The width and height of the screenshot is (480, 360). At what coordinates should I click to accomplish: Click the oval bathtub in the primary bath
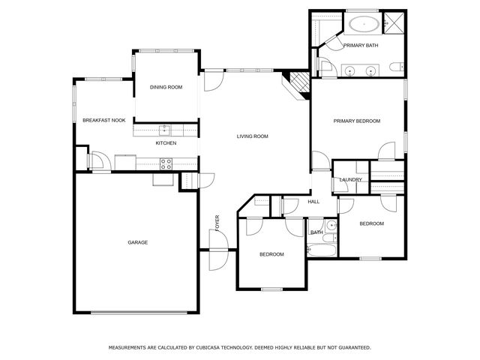pyautogui.click(x=364, y=23)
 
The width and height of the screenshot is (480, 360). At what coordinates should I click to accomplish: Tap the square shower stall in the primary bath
pyautogui.click(x=394, y=23)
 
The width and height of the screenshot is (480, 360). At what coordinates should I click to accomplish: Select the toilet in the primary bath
pyautogui.click(x=397, y=67)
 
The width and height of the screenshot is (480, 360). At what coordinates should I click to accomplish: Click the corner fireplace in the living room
pyautogui.click(x=296, y=85)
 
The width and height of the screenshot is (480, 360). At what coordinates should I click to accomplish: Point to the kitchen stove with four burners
pyautogui.click(x=166, y=163)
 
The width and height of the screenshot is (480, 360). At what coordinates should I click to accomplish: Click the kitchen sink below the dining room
pyautogui.click(x=165, y=130)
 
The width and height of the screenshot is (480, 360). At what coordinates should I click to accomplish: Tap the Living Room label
pyautogui.click(x=253, y=136)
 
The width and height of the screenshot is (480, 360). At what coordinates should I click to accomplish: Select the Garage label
pyautogui.click(x=138, y=242)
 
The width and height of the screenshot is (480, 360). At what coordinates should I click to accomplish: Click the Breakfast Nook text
pyautogui.click(x=104, y=120)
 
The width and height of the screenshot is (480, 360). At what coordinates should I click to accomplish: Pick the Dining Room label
pyautogui.click(x=166, y=87)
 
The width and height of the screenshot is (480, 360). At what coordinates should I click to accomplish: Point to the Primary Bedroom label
pyautogui.click(x=357, y=121)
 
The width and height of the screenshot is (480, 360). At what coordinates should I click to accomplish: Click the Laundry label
pyautogui.click(x=350, y=180)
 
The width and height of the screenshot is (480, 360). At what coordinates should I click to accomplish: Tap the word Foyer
pyautogui.click(x=217, y=223)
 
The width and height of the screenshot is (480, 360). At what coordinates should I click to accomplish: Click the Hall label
pyautogui.click(x=313, y=202)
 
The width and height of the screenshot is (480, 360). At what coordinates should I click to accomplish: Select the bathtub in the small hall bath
pyautogui.click(x=322, y=250)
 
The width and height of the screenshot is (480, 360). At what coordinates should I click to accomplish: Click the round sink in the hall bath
pyautogui.click(x=331, y=226)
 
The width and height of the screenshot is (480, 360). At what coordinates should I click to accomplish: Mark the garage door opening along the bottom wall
pyautogui.click(x=139, y=313)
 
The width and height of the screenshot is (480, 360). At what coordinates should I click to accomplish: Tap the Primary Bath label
pyautogui.click(x=361, y=45)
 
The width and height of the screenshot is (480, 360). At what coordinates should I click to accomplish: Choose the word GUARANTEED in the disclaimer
pyautogui.click(x=355, y=348)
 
